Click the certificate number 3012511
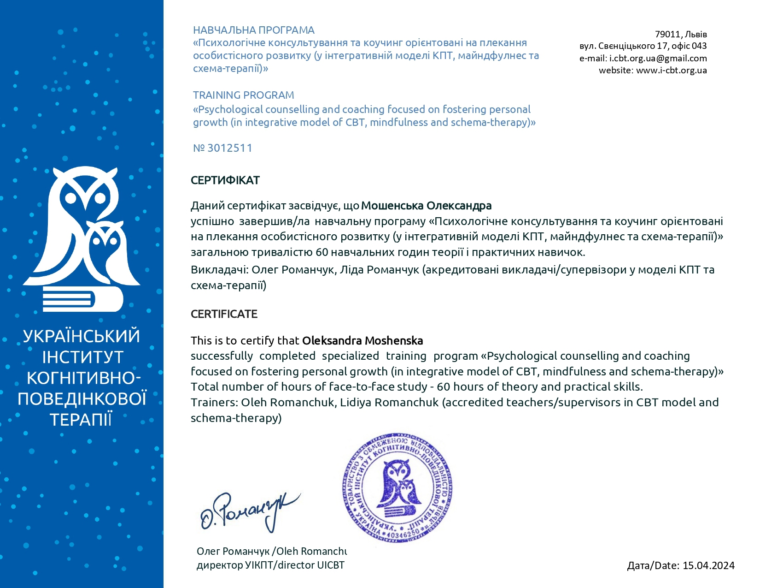[x=229, y=148]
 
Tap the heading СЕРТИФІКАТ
[x=225, y=180]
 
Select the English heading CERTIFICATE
[x=224, y=314]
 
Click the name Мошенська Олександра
[x=426, y=206]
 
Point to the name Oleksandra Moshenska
[x=362, y=341]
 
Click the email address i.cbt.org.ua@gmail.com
[x=658, y=58]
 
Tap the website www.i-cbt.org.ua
[x=671, y=70]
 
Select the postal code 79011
[x=667, y=34]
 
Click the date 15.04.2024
[x=708, y=565]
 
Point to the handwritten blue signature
[x=249, y=511]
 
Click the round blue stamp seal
[x=398, y=488]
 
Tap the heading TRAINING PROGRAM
[x=243, y=95]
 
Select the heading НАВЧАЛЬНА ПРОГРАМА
[x=253, y=30]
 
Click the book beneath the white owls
[x=83, y=299]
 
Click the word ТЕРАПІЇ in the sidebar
[x=81, y=420]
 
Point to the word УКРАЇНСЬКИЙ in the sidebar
[x=82, y=336]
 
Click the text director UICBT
[x=317, y=565]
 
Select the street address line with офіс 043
[x=643, y=46]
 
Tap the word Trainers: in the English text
[x=214, y=403]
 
